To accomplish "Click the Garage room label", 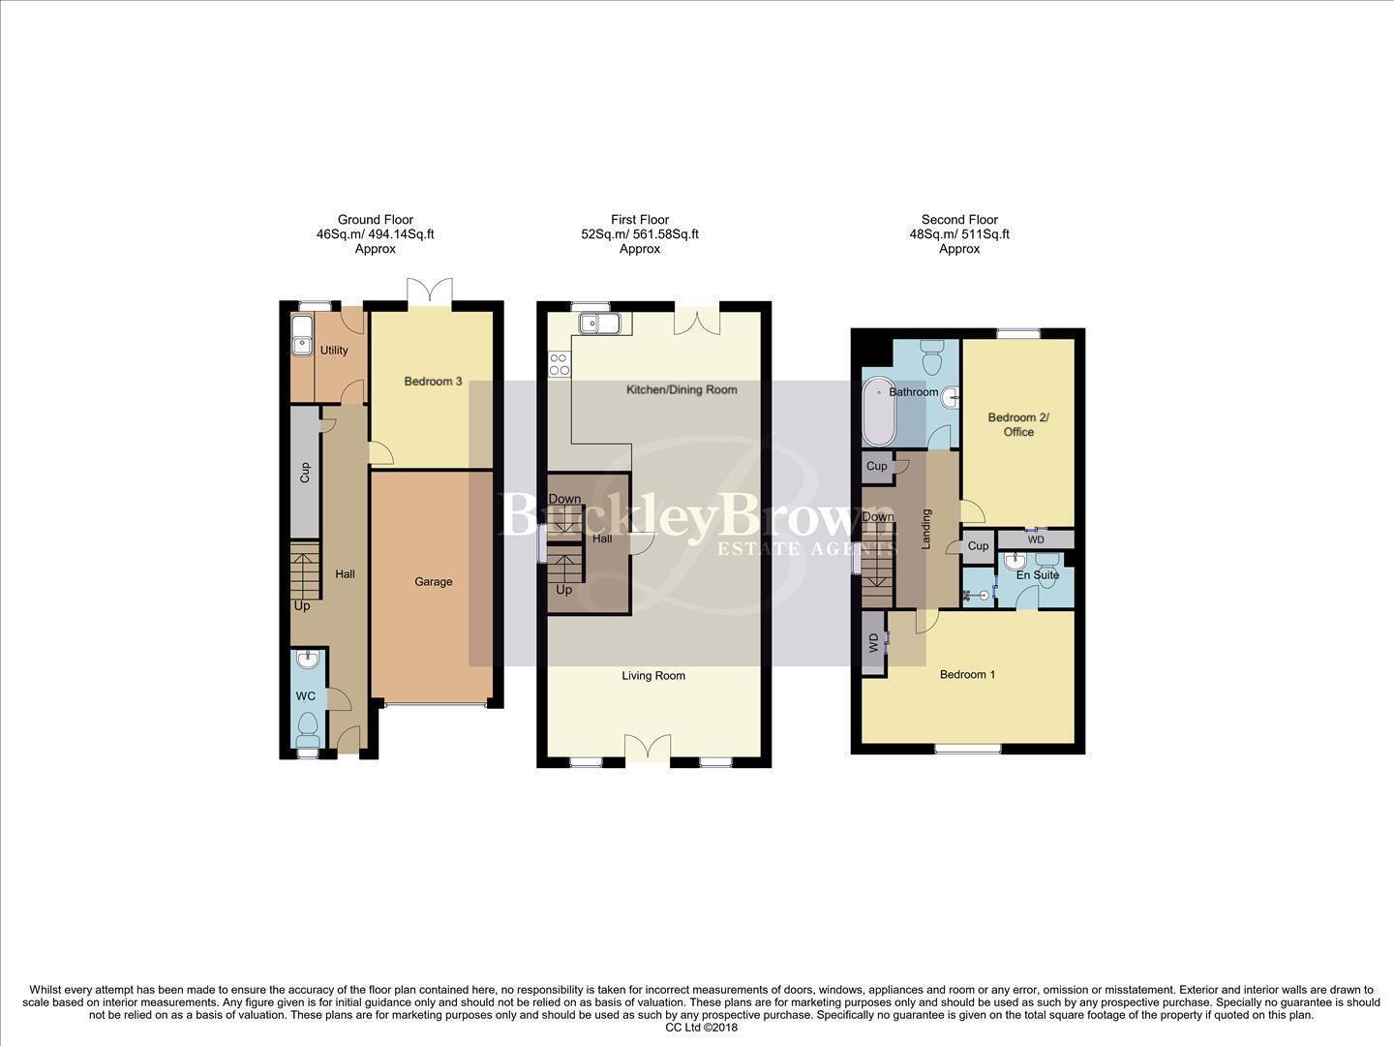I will (433, 582).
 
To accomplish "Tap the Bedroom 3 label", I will (433, 382).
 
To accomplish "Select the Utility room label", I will (334, 351).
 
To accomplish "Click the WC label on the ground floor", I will (305, 696).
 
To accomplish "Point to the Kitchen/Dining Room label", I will (682, 390).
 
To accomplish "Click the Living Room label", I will (653, 676).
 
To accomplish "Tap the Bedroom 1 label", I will (967, 675).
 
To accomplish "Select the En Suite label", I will (1037, 575).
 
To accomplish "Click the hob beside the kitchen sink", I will (559, 364).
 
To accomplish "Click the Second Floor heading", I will (959, 220).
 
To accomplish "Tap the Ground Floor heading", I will (375, 220).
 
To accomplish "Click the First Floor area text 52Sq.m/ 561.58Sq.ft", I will (639, 234).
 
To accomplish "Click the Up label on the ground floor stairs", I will (302, 606).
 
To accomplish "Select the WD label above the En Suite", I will (1036, 540).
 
